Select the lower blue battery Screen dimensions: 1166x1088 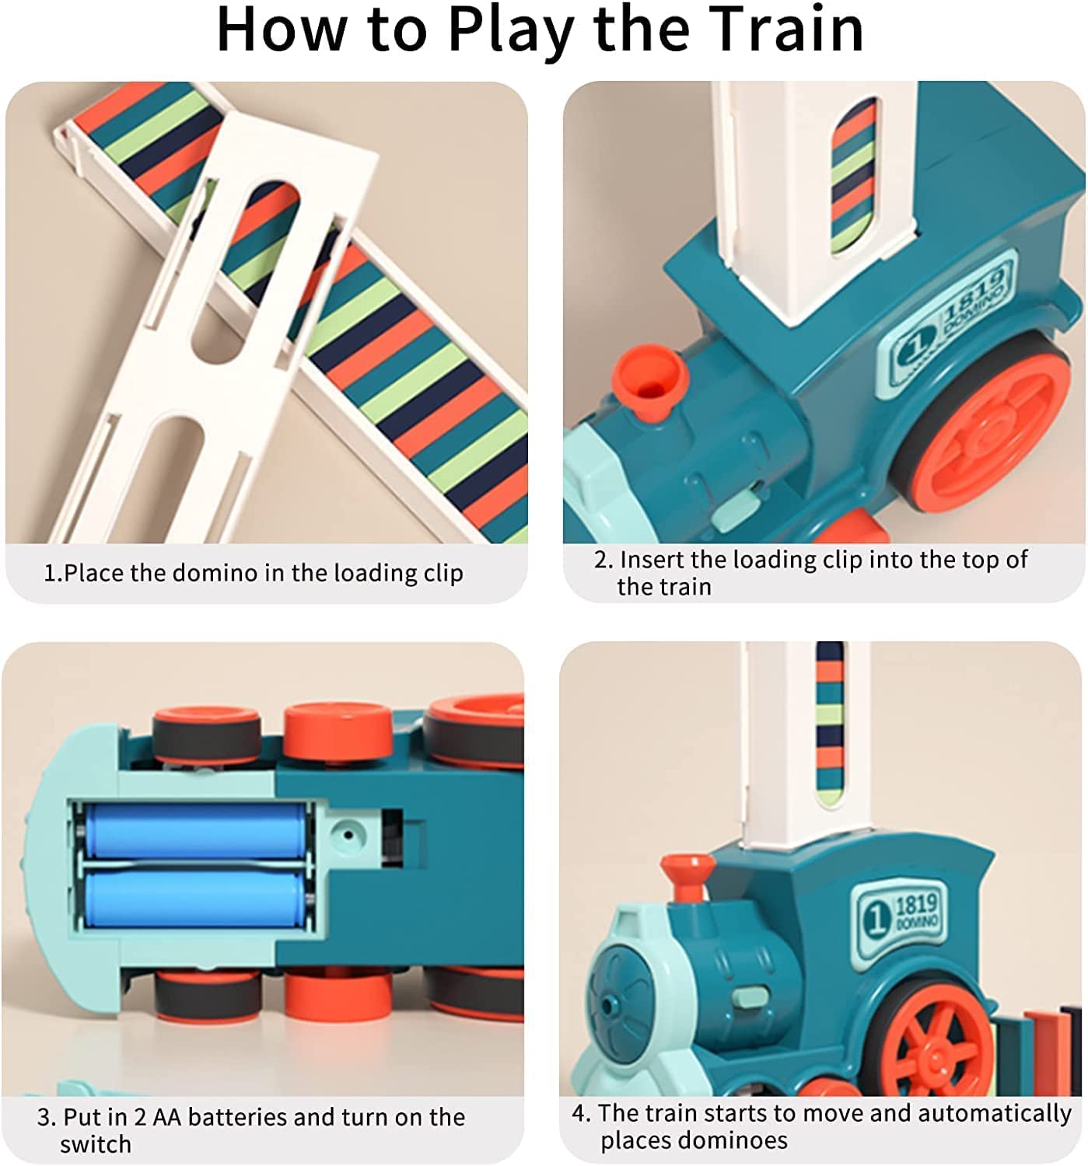pyautogui.click(x=194, y=898)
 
